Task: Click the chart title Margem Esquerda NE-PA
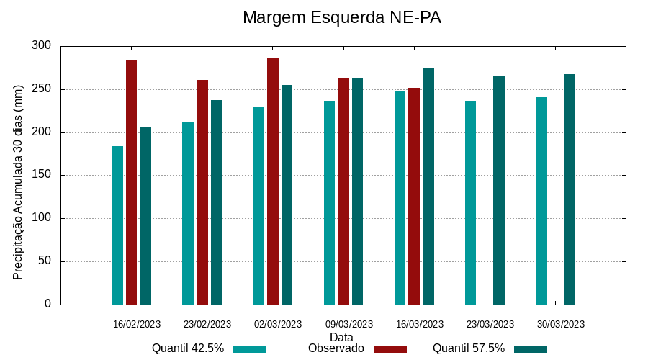(341, 17)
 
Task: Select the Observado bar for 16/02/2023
(131, 182)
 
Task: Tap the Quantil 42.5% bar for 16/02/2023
(117, 225)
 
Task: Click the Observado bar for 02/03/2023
(273, 181)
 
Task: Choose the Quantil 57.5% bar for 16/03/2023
(428, 186)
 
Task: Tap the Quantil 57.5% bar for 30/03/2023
(570, 189)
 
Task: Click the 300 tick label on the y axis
(42, 46)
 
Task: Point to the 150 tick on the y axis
(42, 175)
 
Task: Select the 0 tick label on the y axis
(48, 304)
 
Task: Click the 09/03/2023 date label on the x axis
(349, 324)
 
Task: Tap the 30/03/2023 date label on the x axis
(561, 324)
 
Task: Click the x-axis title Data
(341, 337)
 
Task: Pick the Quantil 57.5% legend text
(469, 348)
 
